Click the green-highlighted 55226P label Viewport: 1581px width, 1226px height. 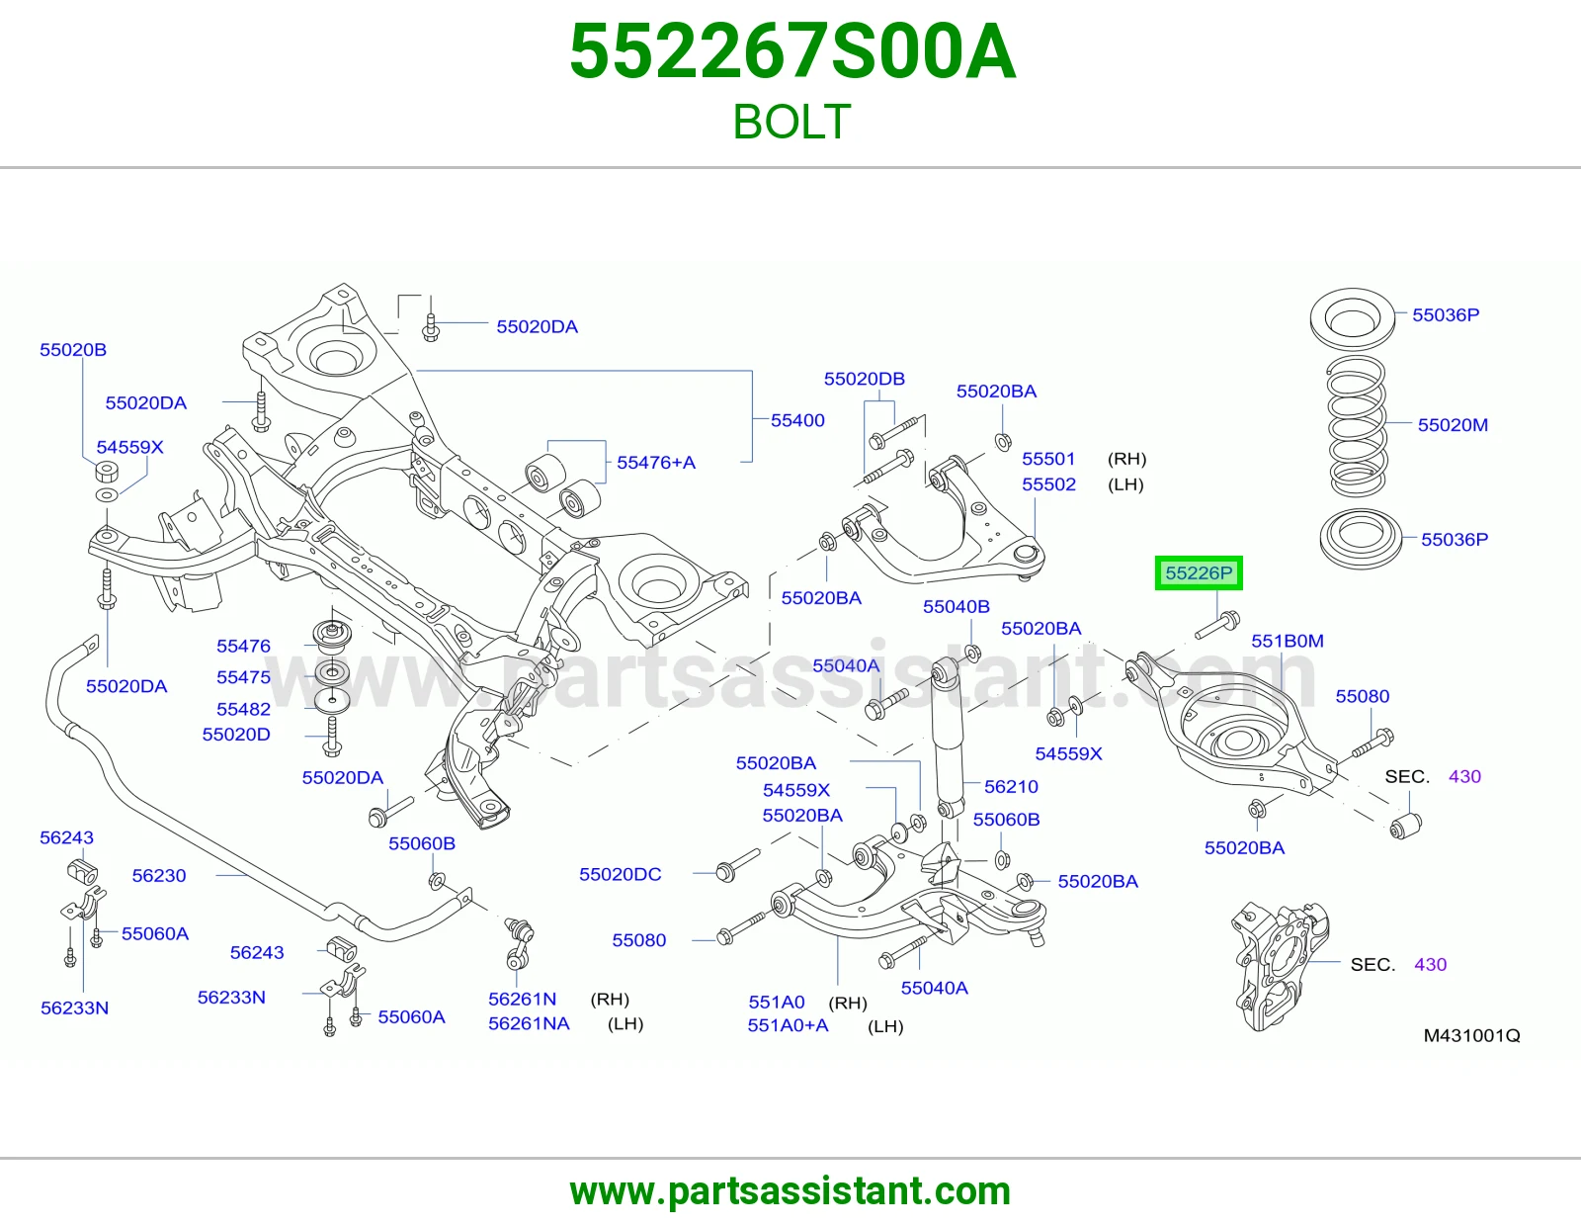(1199, 573)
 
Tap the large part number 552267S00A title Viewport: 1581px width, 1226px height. (791, 51)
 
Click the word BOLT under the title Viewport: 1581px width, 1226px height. (791, 122)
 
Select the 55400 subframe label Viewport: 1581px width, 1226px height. (797, 420)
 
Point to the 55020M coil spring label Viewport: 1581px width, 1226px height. (1453, 424)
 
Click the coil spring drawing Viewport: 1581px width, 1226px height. (1357, 426)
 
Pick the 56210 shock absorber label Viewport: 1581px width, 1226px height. (1011, 786)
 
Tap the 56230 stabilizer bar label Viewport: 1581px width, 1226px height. (159, 875)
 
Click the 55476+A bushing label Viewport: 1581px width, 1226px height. (655, 463)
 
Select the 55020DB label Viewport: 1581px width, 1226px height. (864, 379)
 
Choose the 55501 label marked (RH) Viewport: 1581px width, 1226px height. (1048, 459)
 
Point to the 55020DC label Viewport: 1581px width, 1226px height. (620, 874)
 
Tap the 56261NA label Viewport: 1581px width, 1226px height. (529, 1023)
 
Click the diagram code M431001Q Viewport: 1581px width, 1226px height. (1472, 1035)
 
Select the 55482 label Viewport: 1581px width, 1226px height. (243, 708)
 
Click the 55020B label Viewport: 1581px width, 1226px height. (73, 349)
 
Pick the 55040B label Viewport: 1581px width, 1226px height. (957, 606)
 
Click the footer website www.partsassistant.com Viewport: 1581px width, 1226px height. (790, 1191)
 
